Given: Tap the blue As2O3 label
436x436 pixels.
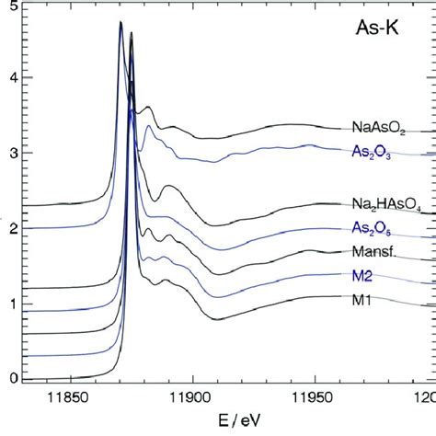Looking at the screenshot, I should coord(377,152).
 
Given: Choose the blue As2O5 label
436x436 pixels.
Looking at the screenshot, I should coord(377,228).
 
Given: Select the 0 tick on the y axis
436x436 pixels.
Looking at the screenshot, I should coord(14,378).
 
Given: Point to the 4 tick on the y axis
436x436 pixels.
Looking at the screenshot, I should coord(14,79).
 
